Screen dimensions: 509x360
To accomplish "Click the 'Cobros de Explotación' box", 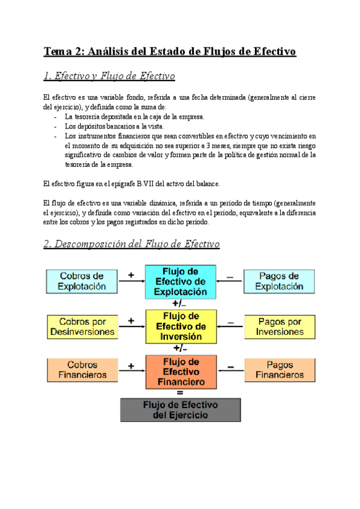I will click(82, 281).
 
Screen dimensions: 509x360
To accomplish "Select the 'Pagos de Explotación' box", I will click(278, 281).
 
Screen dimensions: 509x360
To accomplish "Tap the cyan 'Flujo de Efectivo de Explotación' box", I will click(181, 282).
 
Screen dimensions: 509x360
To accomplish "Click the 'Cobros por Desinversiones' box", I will click(82, 327).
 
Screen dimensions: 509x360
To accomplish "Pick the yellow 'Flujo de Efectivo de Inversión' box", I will click(181, 327).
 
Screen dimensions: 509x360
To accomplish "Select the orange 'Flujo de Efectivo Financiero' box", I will click(181, 372).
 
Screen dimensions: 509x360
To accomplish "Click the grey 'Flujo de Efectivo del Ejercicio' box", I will click(180, 409).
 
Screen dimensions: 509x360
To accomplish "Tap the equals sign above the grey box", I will click(180, 393).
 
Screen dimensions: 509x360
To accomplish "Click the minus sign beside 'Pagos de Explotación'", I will click(230, 275).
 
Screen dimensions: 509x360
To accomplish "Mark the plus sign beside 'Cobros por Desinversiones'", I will click(131, 321).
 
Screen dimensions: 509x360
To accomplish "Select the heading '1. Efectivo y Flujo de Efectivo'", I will click(109, 76).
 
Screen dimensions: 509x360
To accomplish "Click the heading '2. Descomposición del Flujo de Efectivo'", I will click(131, 244).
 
